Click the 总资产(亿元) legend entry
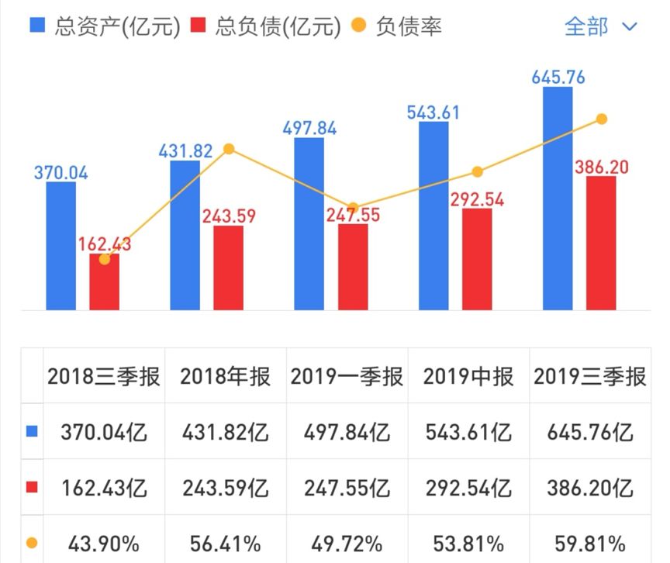104,26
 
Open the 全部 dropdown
599,26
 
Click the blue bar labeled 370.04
61,246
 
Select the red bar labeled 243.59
228,268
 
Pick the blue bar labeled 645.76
558,199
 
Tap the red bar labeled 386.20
601,243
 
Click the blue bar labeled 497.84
309,224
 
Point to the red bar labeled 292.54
477,259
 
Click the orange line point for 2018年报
228,149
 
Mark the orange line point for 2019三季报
601,119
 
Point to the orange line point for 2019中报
477,172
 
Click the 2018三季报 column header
104,377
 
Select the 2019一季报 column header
347,377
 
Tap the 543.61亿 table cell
468,432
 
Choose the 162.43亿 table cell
104,488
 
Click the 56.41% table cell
226,541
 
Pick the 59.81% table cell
590,541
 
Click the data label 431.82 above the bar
185,151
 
